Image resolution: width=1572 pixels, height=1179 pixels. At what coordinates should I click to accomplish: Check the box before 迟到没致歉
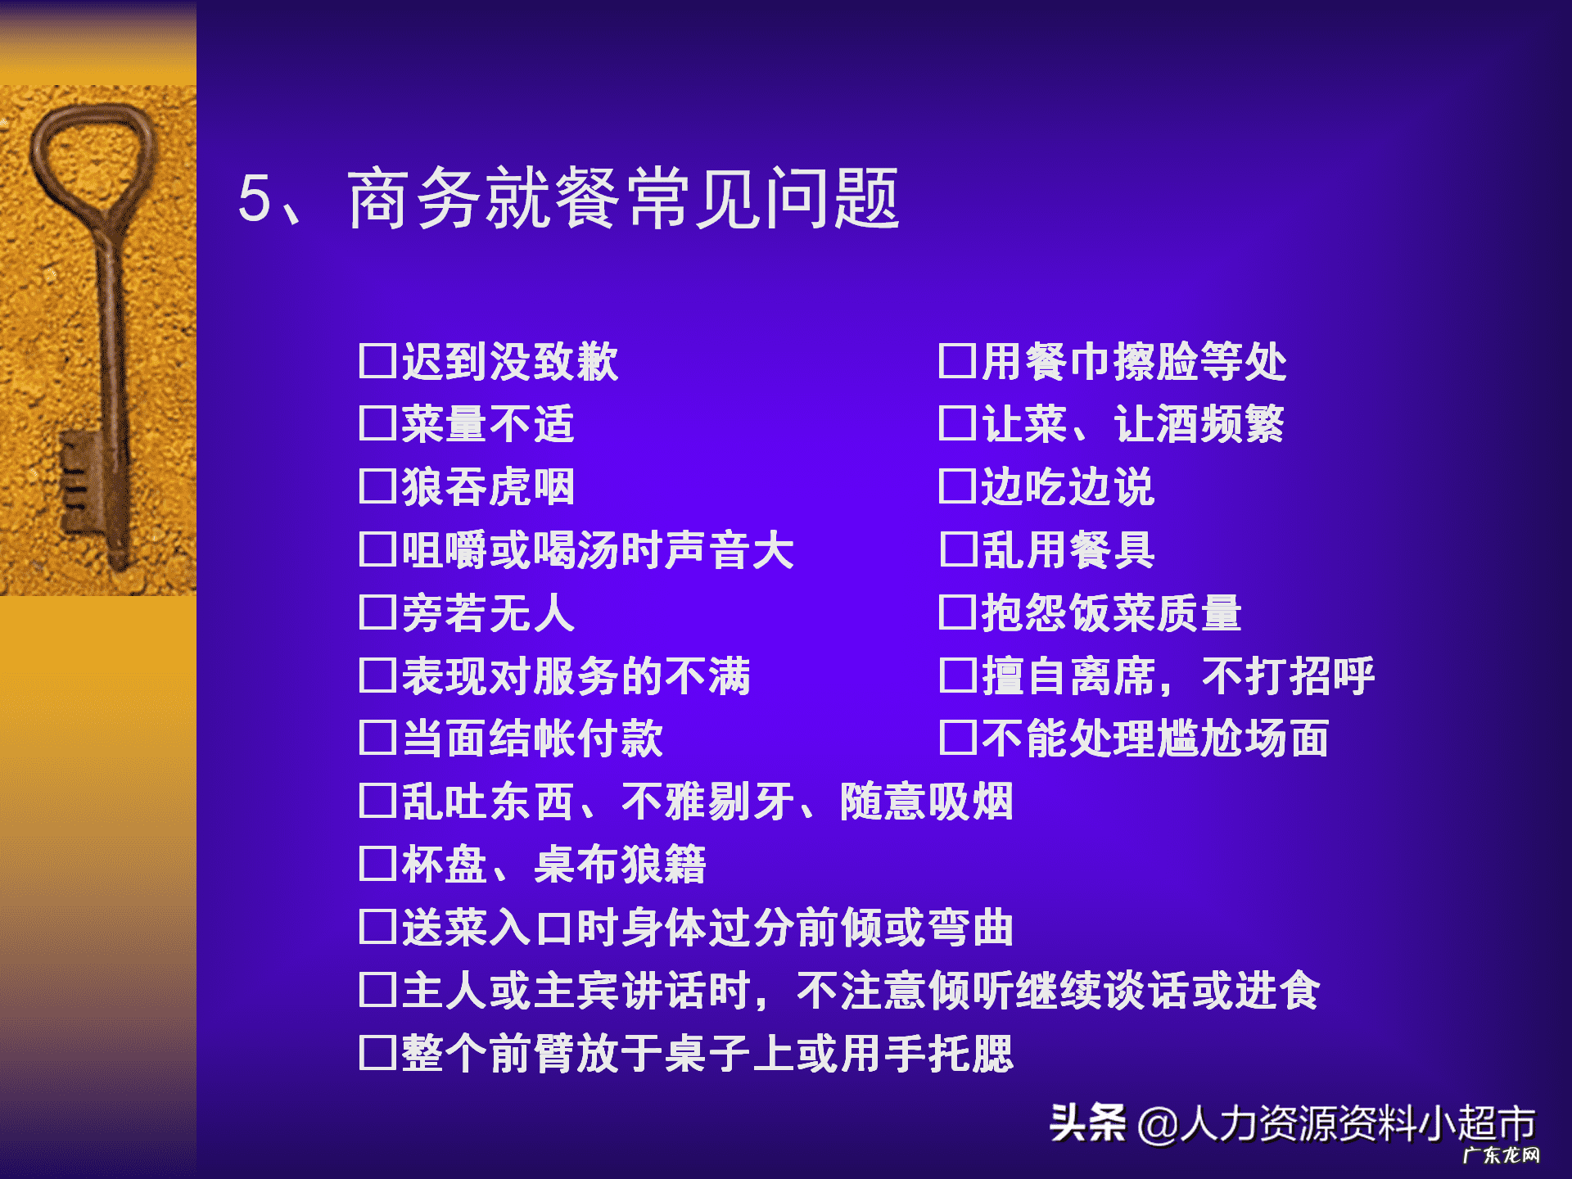pos(377,361)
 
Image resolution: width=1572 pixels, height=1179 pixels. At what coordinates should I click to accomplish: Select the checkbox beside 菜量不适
pos(377,424)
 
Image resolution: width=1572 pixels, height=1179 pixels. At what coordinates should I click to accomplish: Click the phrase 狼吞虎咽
pos(488,487)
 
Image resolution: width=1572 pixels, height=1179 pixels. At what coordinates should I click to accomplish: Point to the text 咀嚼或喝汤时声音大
pos(598,550)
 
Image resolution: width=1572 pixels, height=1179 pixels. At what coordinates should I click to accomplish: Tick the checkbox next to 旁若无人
pos(377,612)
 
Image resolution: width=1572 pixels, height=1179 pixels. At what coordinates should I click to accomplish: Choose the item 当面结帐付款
pos(532,739)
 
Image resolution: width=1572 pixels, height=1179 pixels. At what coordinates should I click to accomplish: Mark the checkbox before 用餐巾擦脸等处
pos(957,361)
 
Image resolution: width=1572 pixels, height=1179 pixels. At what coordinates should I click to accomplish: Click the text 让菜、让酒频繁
pos(1133,424)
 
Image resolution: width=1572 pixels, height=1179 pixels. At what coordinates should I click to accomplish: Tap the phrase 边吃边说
pos(1068,487)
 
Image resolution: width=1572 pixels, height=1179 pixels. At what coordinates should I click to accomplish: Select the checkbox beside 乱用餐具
pos(957,550)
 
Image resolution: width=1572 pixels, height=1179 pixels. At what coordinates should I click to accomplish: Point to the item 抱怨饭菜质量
pos(1111,612)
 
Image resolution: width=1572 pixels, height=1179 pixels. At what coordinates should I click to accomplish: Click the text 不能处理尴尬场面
pos(1154,739)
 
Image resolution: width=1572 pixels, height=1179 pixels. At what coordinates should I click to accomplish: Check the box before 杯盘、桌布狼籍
pos(377,865)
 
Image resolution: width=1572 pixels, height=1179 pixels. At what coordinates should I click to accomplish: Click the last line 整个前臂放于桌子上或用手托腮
pos(707,1053)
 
